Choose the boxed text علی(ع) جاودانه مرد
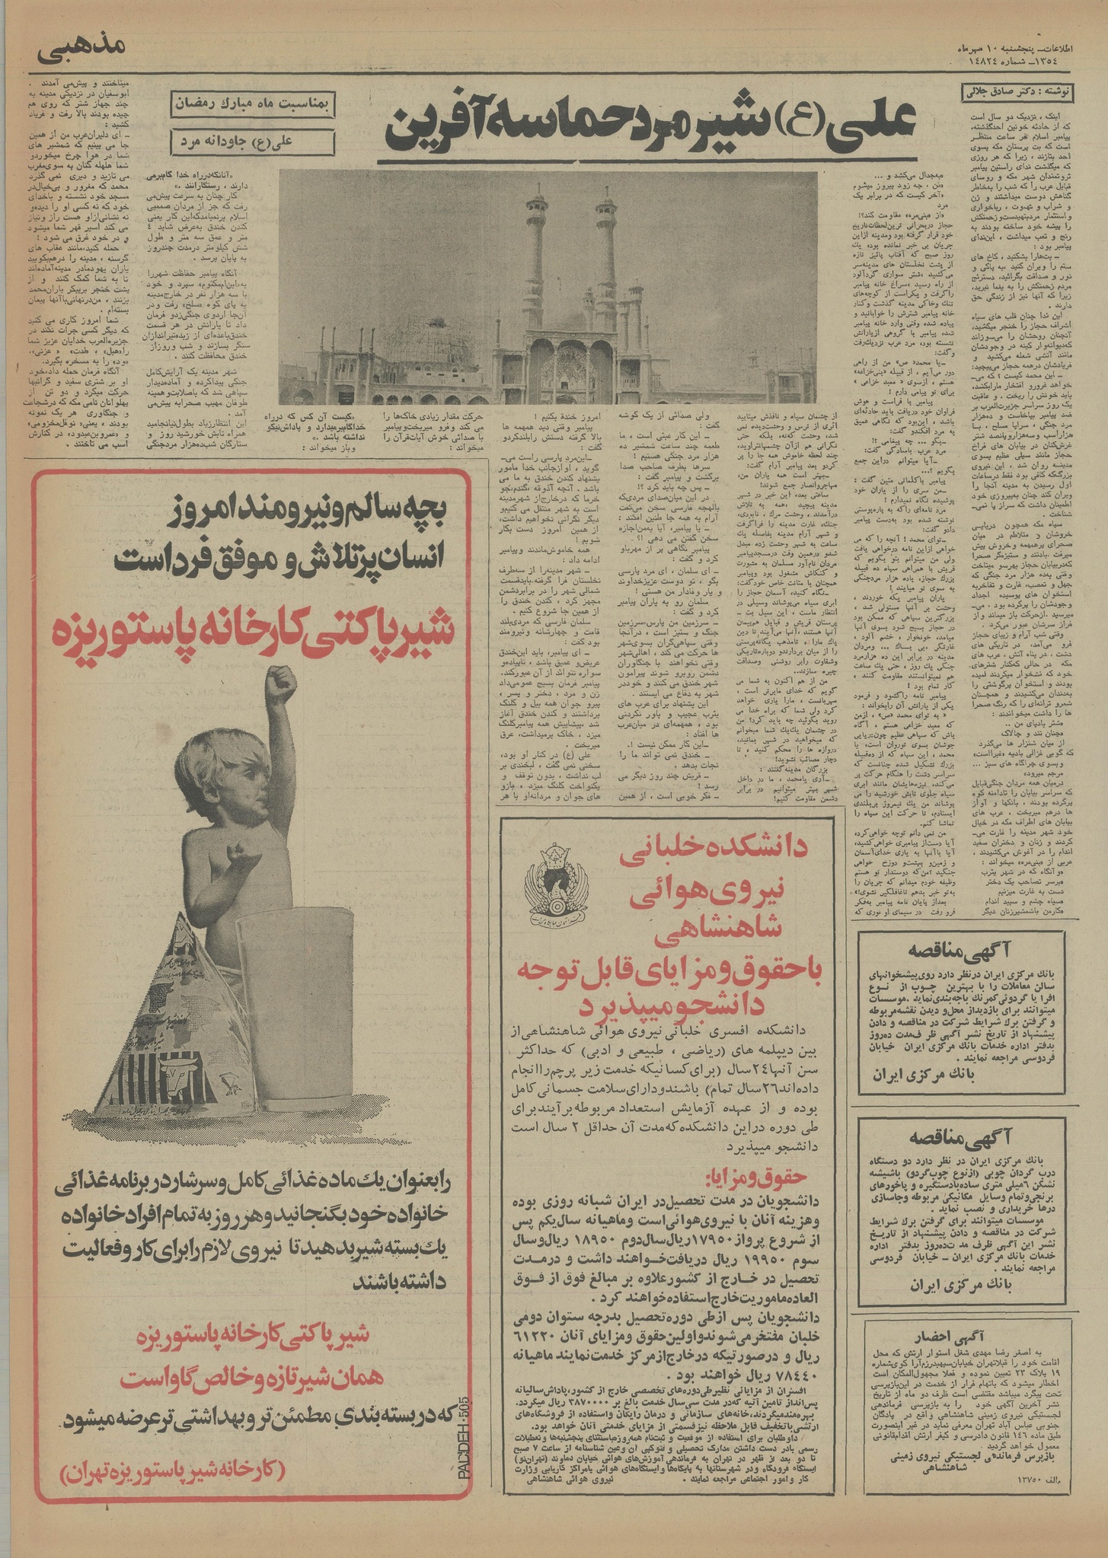[x=250, y=142]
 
